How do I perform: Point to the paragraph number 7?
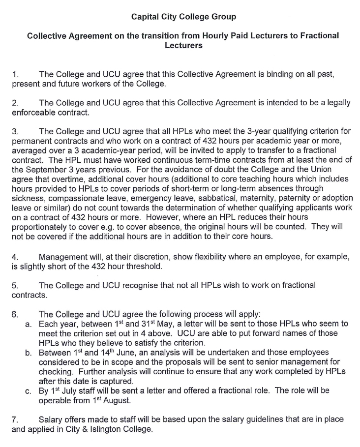point(15,419)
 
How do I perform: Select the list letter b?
point(29,353)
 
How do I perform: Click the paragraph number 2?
point(15,103)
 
